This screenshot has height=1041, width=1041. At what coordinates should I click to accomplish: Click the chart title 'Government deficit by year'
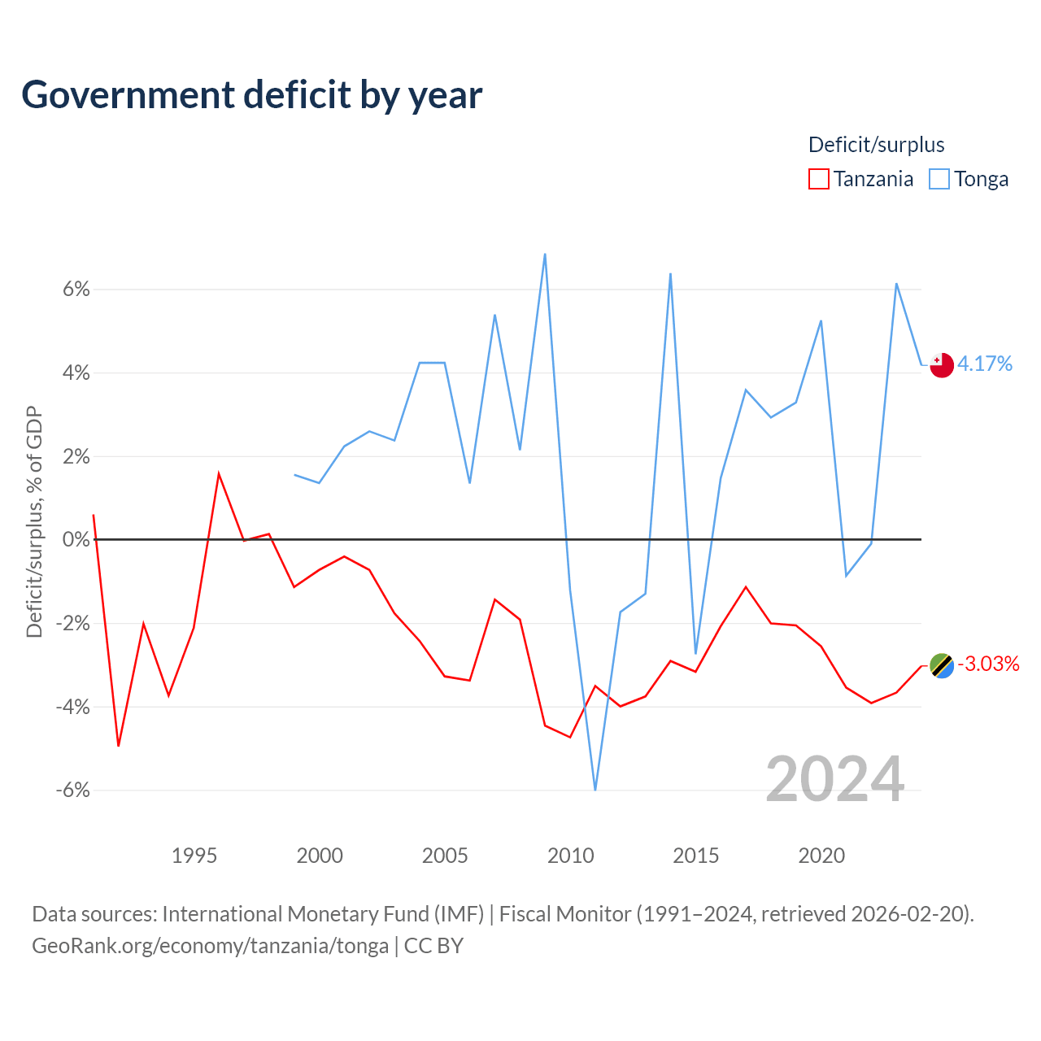251,95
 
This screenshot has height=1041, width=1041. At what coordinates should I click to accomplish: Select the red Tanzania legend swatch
818,179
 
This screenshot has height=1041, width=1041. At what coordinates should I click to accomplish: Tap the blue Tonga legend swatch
939,179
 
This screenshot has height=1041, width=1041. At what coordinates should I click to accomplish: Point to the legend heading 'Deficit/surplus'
876,145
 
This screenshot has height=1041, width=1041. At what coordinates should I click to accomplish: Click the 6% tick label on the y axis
76,289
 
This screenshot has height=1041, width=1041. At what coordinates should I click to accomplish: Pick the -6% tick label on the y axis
73,790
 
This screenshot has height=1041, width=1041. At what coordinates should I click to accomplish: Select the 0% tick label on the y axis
76,539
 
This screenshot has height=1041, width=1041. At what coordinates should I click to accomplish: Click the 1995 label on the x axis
194,856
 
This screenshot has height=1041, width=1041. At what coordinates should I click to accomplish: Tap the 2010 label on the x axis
570,856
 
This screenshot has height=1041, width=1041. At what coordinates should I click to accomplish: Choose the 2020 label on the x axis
821,856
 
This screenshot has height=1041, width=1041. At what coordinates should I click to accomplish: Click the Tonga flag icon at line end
942,365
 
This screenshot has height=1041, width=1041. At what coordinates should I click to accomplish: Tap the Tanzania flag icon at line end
942,665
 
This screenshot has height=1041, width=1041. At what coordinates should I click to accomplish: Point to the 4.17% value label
984,364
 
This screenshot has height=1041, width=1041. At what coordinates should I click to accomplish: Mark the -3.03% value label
988,664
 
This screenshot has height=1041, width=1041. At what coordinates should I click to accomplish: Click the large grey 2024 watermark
834,779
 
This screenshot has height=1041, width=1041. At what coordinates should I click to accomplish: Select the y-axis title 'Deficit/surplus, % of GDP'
34,522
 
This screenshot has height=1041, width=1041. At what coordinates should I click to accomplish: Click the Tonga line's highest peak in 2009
545,254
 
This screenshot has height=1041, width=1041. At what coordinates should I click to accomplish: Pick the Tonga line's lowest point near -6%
595,790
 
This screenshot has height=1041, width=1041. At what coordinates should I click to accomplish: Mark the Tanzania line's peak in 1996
218,474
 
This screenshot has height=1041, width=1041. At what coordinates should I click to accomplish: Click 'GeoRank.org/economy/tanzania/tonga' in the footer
210,946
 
